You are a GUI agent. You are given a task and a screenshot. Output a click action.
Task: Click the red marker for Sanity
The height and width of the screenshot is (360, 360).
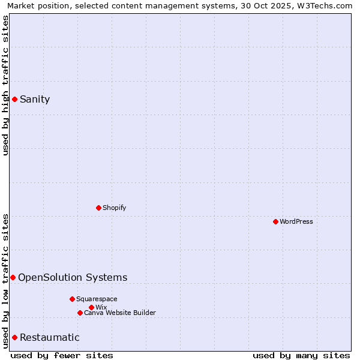14,99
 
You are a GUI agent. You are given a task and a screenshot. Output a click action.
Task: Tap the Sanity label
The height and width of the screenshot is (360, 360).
35,100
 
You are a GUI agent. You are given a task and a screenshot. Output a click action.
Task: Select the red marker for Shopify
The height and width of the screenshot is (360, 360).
99,208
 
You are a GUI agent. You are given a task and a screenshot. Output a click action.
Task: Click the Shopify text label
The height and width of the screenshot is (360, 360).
114,208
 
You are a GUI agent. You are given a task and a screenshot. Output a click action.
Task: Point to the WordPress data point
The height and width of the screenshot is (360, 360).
275,221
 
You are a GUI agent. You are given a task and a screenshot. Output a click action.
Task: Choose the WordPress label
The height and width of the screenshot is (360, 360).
296,221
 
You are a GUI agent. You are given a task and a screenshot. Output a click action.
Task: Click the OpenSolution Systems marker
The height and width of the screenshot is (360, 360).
13,277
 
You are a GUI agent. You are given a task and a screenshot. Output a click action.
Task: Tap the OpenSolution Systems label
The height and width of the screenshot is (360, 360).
73,277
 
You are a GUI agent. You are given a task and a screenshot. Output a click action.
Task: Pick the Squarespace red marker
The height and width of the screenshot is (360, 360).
72,299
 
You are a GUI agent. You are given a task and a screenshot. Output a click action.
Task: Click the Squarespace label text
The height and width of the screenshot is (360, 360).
97,299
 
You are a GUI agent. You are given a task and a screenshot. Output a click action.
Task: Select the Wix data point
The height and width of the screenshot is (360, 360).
91,307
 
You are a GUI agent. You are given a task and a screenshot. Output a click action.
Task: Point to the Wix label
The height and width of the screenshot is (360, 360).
101,307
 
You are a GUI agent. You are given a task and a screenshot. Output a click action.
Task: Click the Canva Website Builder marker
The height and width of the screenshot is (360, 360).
80,313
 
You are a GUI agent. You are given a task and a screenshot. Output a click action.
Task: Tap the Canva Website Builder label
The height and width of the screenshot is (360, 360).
120,313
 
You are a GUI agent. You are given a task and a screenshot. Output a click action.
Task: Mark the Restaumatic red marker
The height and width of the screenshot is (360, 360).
14,337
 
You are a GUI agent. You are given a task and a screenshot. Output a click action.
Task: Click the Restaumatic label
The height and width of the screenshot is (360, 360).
49,337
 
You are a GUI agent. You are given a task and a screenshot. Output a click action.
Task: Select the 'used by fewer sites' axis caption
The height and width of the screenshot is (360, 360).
62,355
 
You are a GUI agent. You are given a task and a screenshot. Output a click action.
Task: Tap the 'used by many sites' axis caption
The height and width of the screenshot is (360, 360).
301,355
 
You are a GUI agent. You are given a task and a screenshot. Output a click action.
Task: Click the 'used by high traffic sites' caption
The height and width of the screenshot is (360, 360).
5,85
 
